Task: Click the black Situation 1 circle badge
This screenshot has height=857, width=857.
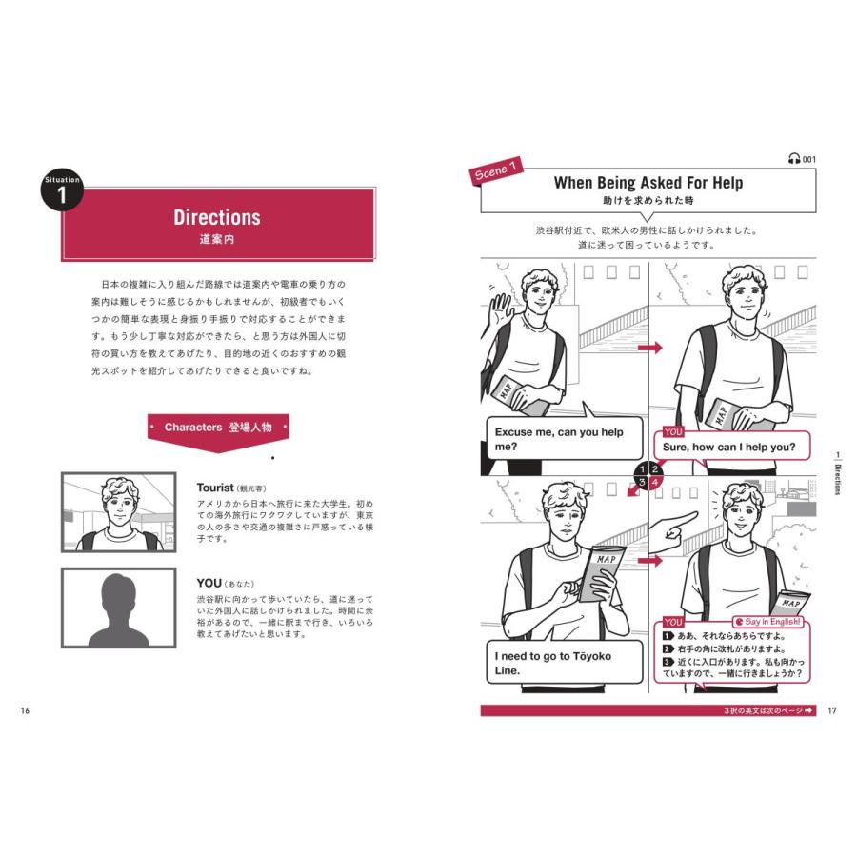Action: point(62,189)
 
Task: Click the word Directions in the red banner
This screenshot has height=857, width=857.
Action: point(217,217)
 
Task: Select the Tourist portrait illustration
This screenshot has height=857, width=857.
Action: point(119,512)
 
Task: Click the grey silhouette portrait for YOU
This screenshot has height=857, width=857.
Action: point(119,608)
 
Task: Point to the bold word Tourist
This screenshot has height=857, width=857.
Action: point(215,488)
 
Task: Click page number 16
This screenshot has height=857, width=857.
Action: point(25,710)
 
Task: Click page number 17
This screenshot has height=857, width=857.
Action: point(832,710)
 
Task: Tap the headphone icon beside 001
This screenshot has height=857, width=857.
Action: point(794,159)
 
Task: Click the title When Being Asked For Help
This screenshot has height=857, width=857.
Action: point(648,183)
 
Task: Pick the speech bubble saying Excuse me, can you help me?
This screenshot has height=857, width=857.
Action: point(564,437)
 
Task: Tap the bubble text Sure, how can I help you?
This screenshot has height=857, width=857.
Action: point(729,448)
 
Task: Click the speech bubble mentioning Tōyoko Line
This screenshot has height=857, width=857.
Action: point(564,662)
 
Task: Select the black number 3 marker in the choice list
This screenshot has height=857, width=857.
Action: point(668,662)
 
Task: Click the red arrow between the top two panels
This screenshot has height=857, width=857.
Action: point(649,348)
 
